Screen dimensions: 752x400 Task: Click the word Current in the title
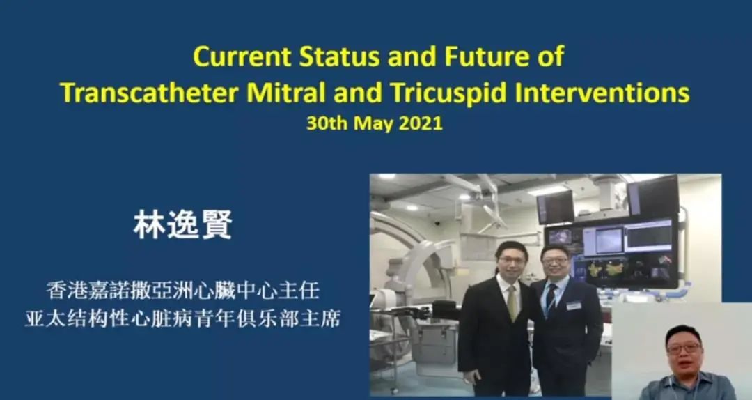242,56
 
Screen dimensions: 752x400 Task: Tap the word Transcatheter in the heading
149,93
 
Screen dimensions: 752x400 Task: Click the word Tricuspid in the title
449,93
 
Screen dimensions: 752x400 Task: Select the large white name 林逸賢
182,224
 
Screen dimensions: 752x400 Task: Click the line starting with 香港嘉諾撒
182,291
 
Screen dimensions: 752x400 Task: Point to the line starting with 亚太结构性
182,319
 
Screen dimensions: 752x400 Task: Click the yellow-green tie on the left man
512,303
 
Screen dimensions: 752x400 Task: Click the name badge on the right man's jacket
574,305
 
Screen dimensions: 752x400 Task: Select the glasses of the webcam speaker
684,348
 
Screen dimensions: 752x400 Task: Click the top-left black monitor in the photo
556,207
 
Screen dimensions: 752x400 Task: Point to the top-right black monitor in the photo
652,196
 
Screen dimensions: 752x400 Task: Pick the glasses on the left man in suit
511,260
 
